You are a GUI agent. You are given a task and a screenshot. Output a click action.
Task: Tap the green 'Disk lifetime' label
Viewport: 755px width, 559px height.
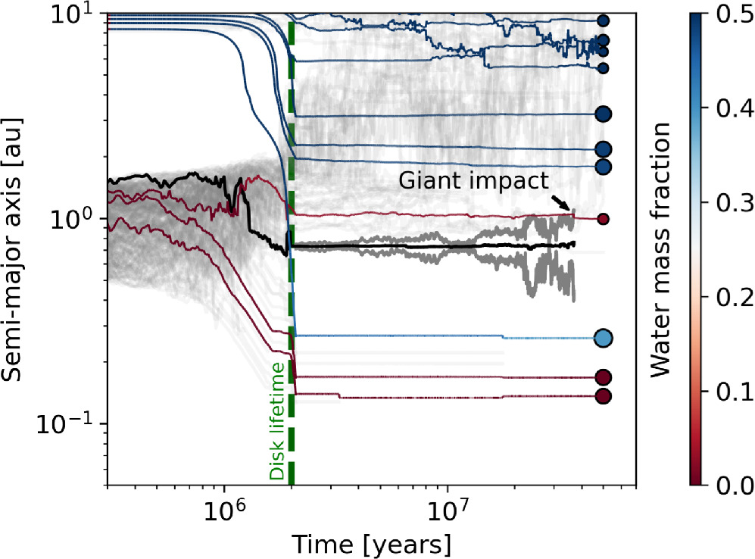(x=278, y=420)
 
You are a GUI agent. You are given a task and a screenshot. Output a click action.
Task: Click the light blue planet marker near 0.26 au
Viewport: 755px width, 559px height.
(x=604, y=338)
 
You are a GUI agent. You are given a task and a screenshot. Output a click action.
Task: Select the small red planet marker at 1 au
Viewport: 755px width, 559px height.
(x=604, y=219)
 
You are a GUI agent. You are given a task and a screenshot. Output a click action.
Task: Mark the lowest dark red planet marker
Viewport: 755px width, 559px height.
(x=604, y=396)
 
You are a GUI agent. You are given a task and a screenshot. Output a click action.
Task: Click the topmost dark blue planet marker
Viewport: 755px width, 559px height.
(x=604, y=21)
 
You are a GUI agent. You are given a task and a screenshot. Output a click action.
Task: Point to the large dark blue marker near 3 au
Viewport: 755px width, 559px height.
(x=604, y=114)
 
